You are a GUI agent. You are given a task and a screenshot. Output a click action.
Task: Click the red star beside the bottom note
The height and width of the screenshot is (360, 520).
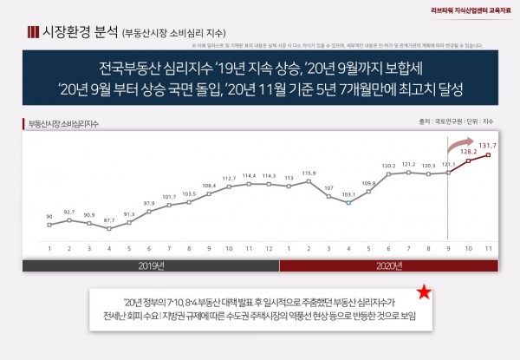422,294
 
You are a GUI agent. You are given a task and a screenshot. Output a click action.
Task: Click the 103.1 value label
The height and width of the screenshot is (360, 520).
348,195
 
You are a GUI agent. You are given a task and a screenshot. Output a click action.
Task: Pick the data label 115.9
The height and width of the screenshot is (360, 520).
309,173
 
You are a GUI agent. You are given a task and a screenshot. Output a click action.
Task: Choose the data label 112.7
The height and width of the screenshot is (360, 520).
228,178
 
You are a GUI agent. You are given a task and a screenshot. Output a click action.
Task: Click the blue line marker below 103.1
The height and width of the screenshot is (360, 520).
348,204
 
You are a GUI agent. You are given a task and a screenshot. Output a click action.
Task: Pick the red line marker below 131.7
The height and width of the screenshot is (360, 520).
490,155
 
